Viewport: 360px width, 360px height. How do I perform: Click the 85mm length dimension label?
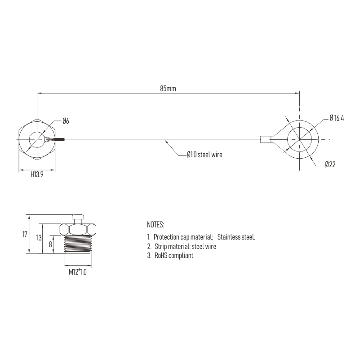168,89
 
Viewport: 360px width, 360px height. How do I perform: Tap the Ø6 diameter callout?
66,121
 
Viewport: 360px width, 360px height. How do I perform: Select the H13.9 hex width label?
37,174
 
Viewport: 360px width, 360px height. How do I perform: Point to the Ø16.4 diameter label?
337,118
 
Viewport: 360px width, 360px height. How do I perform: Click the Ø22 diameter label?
330,164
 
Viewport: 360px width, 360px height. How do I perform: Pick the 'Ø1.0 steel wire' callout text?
204,155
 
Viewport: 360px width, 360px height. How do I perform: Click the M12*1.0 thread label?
78,272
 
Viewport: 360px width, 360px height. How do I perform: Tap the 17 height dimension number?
25,234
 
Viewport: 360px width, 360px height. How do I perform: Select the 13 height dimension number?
39,238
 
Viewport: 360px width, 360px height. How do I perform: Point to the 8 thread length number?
50,244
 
